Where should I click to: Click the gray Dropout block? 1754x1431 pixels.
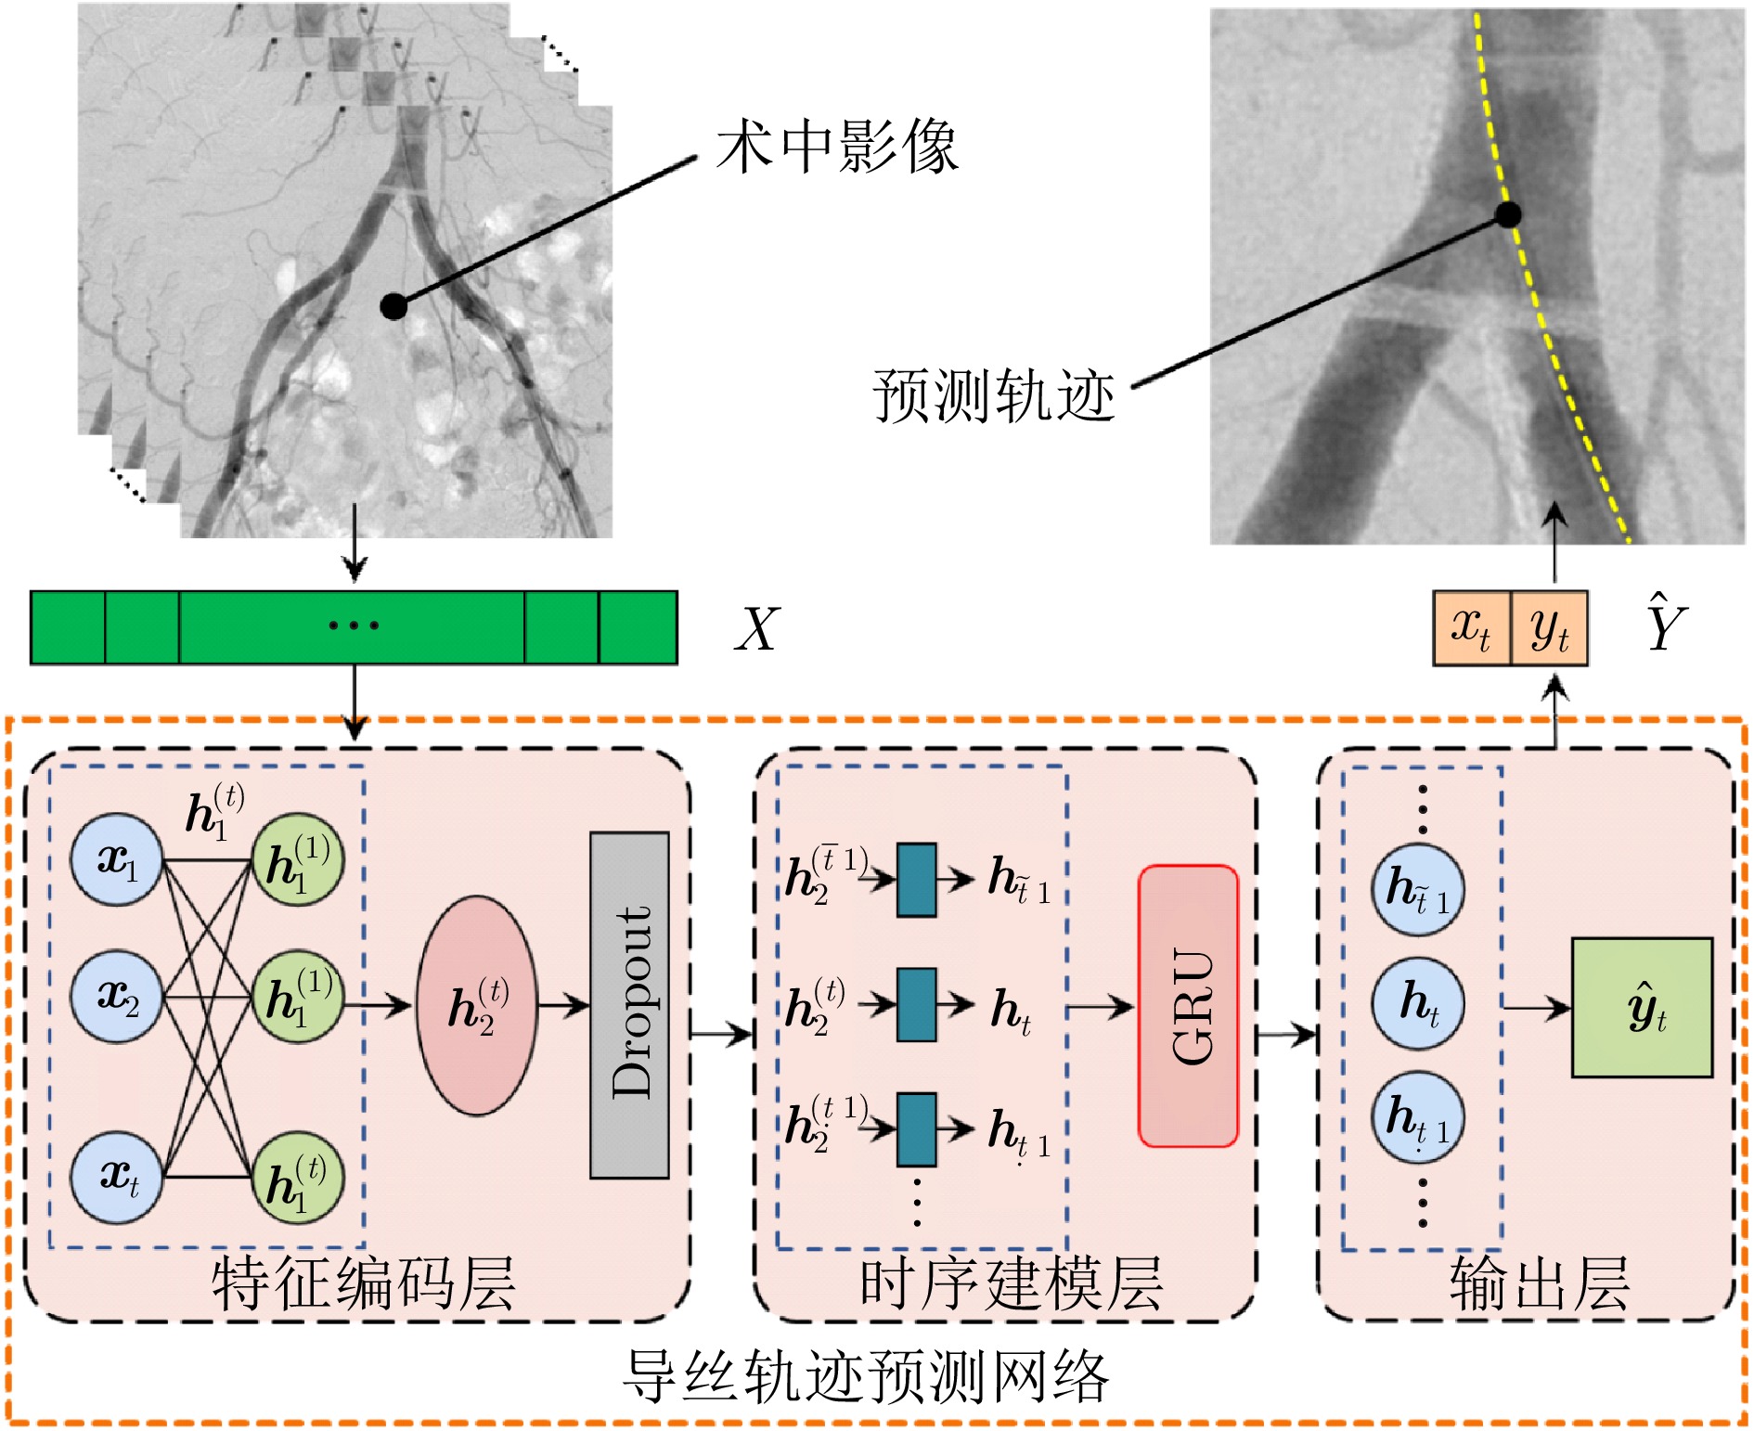pyautogui.click(x=629, y=1005)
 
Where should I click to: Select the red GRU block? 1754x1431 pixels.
pyautogui.click(x=1188, y=1006)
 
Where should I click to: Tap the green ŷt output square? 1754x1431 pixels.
pyautogui.click(x=1641, y=1007)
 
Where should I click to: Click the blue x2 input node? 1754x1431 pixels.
pyautogui.click(x=118, y=997)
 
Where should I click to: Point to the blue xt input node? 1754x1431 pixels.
pyautogui.click(x=118, y=1177)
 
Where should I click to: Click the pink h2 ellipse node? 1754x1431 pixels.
pyautogui.click(x=477, y=1005)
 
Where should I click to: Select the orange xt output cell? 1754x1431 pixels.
pyautogui.click(x=1472, y=628)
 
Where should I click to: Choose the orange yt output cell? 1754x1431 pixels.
pyautogui.click(x=1549, y=628)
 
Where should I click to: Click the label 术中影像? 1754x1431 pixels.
pyautogui.click(x=836, y=147)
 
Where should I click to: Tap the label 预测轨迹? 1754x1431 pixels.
pyautogui.click(x=993, y=396)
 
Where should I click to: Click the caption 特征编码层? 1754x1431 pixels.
pyautogui.click(x=363, y=1283)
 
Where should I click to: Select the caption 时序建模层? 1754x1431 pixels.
pyautogui.click(x=1011, y=1283)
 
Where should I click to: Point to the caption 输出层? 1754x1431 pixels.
pyautogui.click(x=1539, y=1283)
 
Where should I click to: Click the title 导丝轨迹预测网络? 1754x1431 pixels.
pyautogui.click(x=865, y=1375)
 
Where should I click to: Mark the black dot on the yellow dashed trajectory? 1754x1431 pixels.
pyautogui.click(x=1509, y=215)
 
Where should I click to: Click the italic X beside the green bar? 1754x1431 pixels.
pyautogui.click(x=756, y=629)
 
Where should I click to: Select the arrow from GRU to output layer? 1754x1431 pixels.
pyautogui.click(x=1286, y=1033)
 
